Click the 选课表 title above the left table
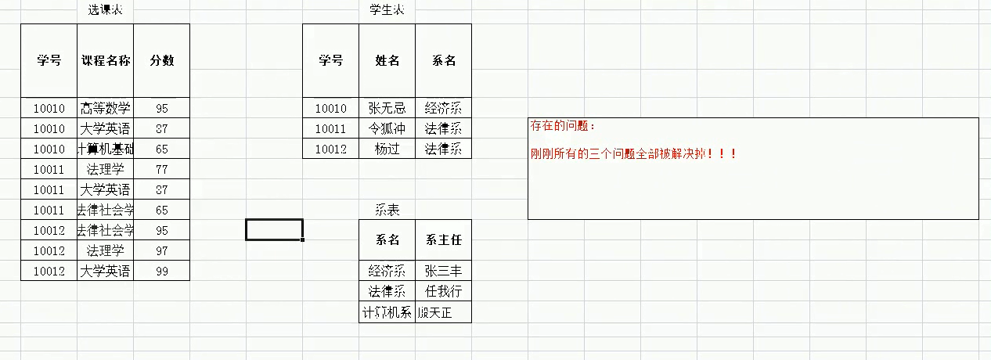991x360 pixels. click(x=106, y=10)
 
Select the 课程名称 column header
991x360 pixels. click(x=106, y=61)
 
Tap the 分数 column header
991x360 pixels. click(x=162, y=61)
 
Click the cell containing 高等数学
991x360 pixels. click(x=106, y=108)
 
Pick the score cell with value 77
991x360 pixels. click(x=162, y=169)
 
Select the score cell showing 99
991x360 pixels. click(x=162, y=271)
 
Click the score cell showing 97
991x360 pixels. click(x=162, y=250)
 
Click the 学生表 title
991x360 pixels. click(x=387, y=10)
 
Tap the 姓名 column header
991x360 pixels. click(x=387, y=61)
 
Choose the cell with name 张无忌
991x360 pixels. click(x=387, y=108)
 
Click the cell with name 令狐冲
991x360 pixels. click(x=387, y=128)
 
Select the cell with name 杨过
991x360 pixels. click(x=387, y=149)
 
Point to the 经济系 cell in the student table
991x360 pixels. click(x=444, y=108)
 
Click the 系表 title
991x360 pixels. click(x=387, y=210)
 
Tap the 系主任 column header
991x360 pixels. click(x=444, y=240)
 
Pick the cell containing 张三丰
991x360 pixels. click(x=444, y=271)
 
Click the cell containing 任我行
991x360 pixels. click(x=444, y=291)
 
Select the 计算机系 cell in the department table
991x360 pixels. click(x=387, y=312)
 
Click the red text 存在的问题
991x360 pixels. click(x=563, y=125)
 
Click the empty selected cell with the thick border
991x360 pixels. click(x=274, y=229)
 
